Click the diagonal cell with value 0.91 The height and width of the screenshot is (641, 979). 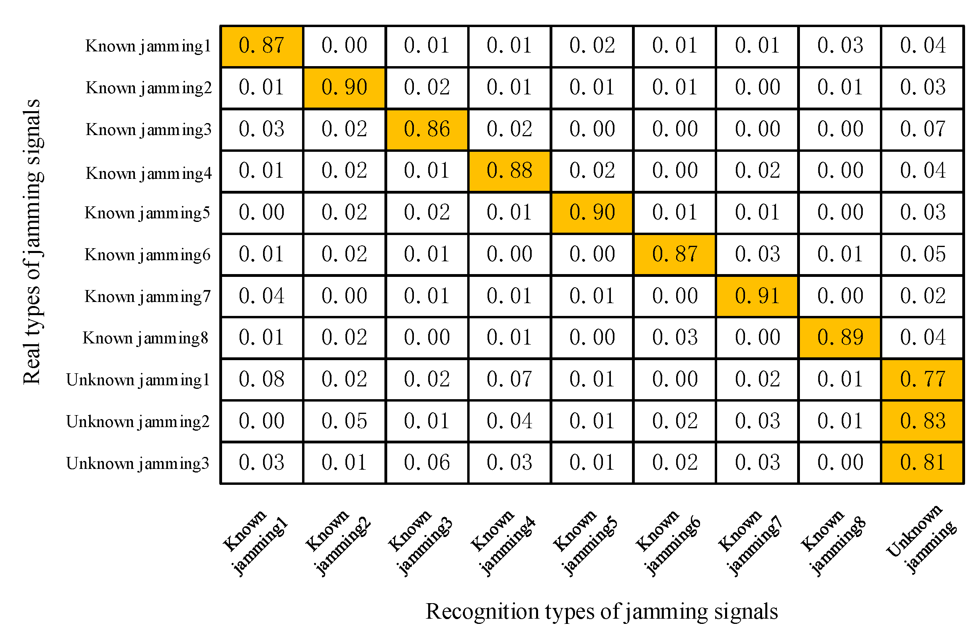(757, 296)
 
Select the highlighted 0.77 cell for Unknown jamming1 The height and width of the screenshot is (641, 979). (922, 379)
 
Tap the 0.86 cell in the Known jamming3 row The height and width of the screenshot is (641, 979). (427, 129)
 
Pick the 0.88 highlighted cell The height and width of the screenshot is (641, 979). (509, 171)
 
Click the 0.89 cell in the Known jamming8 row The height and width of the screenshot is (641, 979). (840, 337)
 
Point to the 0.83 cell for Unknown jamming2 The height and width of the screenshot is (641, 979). (922, 421)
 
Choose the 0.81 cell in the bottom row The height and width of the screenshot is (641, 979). (922, 463)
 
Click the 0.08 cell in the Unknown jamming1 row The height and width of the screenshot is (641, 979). (261, 379)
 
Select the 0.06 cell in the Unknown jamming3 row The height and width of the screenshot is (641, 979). (427, 463)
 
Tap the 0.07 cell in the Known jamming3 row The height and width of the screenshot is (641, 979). (922, 129)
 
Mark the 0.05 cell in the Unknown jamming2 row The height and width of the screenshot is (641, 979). (344, 421)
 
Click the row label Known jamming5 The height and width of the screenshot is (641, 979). (147, 213)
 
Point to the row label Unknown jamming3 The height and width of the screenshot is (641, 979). (137, 464)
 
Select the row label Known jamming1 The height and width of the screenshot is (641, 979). (148, 46)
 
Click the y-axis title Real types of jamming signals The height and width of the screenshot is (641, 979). (32, 242)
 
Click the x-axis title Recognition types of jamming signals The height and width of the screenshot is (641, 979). (601, 612)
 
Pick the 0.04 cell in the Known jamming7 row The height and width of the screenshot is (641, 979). (261, 296)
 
